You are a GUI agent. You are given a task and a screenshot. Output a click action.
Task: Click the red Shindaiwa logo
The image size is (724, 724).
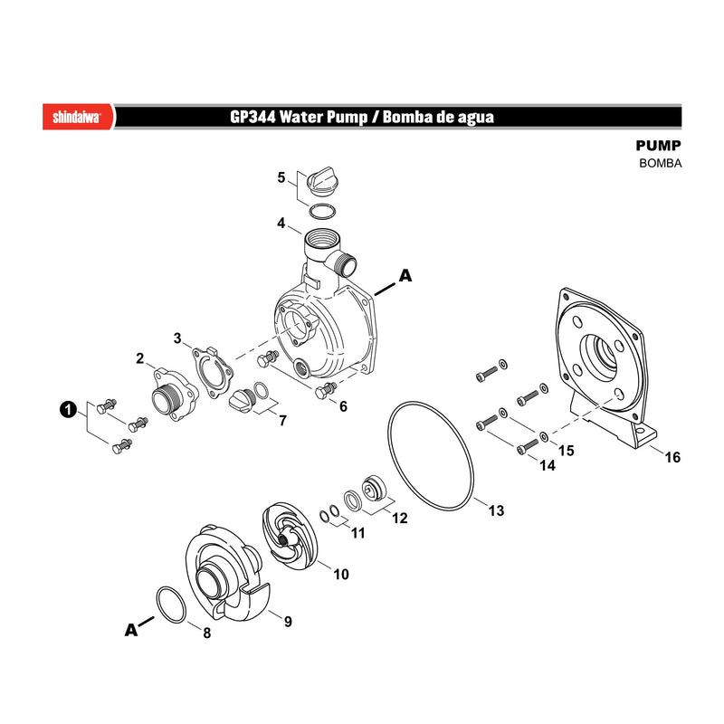78,117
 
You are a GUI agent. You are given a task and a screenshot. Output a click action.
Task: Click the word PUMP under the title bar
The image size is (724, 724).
659,146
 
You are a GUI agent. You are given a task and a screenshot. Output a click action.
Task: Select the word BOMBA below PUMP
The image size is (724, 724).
661,163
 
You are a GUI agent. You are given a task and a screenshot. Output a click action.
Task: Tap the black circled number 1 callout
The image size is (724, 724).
68,409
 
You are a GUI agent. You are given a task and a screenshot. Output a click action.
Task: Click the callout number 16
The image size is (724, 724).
672,457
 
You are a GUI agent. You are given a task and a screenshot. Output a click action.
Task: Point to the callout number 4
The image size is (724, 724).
281,223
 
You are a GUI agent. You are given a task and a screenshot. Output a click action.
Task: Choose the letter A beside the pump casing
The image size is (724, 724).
405,276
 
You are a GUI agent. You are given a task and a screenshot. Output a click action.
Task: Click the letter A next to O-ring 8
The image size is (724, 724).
131,630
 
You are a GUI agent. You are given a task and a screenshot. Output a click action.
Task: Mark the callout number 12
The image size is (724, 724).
400,518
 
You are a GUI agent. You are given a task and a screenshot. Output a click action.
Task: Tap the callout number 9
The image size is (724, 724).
288,622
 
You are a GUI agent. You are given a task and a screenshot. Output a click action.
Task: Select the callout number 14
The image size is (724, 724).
548,465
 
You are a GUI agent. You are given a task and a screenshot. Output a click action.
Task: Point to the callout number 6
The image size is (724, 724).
343,406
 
